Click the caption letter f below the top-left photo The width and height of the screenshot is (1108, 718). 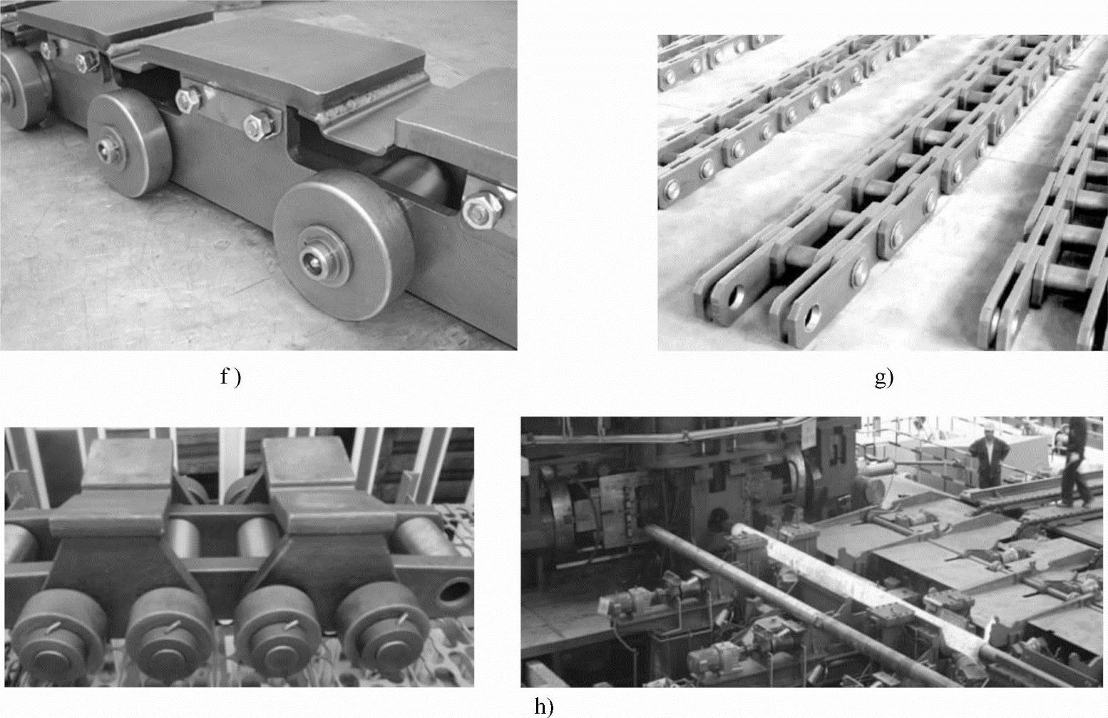[224, 378]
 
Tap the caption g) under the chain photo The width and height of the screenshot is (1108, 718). [884, 379]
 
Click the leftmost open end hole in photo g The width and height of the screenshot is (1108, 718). [736, 296]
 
